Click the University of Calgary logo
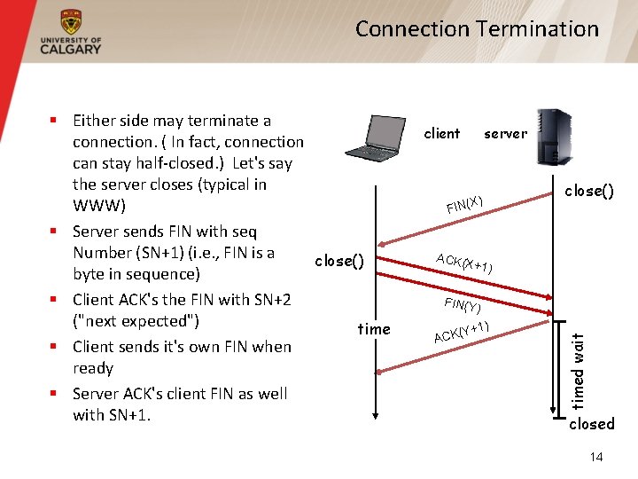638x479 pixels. [x=71, y=33]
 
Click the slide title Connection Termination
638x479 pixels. [x=477, y=29]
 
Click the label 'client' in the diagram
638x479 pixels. [x=441, y=134]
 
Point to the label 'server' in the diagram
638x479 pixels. [x=505, y=134]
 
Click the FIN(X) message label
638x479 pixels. [x=464, y=204]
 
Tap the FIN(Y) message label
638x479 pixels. [x=463, y=305]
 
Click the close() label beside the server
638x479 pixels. [x=590, y=190]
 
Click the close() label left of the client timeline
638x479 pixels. [x=339, y=261]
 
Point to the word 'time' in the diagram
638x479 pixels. [x=374, y=329]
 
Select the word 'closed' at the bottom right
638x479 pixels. [x=591, y=424]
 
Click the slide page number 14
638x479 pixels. [x=596, y=457]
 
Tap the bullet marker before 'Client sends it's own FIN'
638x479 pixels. [x=54, y=347]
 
